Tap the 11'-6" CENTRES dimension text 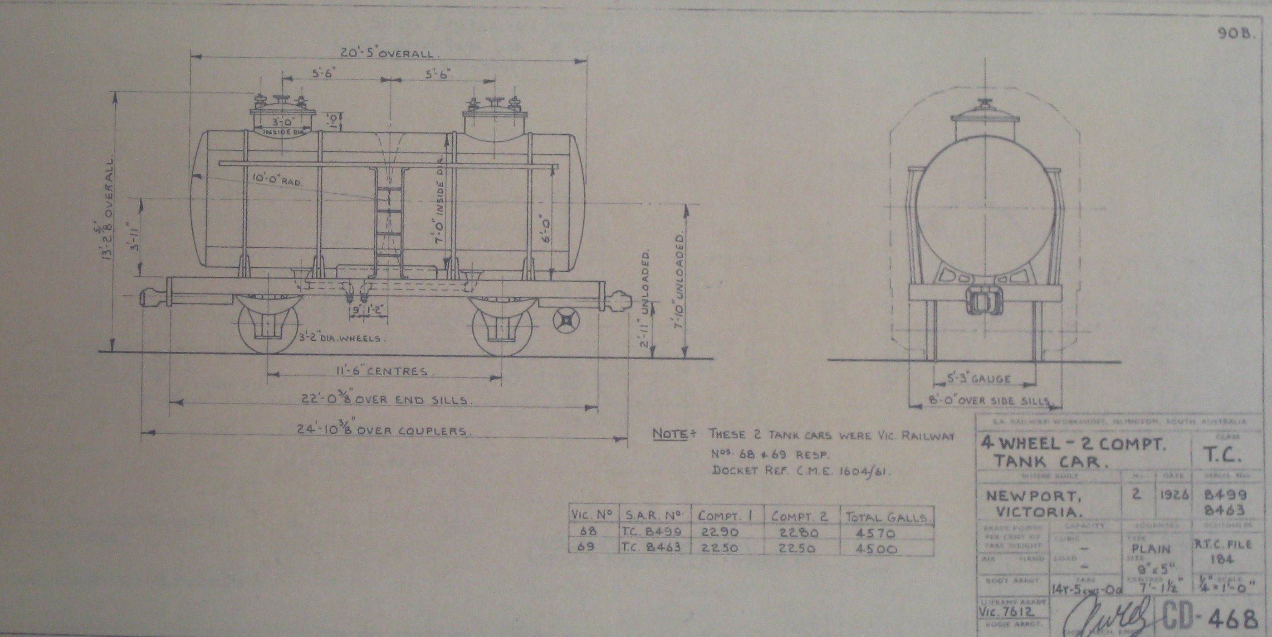(380, 371)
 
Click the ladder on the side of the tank (389, 222)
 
